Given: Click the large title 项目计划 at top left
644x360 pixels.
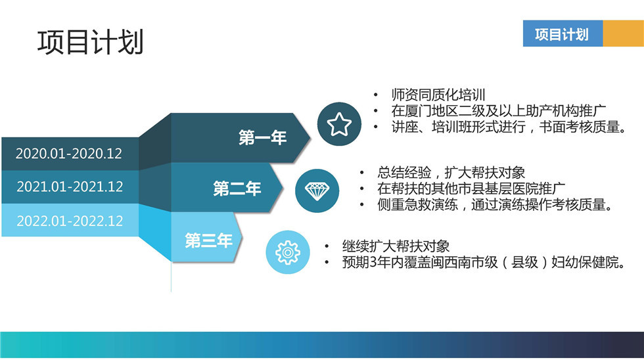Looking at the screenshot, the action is (91, 42).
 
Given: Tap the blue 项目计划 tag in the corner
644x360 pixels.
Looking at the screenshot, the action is (563, 34).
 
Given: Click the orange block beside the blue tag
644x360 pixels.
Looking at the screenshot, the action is (623, 34).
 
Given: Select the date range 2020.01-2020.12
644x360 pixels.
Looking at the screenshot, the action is (69, 154).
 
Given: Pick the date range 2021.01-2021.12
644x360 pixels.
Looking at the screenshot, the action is (70, 187).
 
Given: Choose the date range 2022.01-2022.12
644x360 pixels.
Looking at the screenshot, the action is (70, 221).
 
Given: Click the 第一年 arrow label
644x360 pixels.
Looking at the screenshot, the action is (262, 137).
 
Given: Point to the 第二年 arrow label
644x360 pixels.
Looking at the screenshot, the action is (237, 189).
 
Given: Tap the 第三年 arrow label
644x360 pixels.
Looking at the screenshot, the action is (209, 240).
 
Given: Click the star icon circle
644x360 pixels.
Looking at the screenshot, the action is (339, 124).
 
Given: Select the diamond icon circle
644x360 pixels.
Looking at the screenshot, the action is (317, 191).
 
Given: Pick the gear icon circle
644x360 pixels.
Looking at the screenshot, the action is (288, 252).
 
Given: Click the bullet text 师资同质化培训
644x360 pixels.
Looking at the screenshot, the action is (438, 95).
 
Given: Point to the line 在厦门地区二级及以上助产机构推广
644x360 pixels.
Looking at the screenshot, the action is (499, 111).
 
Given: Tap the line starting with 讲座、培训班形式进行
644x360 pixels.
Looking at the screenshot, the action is (509, 127).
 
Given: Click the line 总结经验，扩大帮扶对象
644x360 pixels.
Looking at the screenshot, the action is (451, 172).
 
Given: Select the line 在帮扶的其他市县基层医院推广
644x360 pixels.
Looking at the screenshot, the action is (471, 189).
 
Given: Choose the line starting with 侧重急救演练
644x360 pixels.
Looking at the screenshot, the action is (495, 204).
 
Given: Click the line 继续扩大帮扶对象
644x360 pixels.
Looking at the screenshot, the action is (396, 246).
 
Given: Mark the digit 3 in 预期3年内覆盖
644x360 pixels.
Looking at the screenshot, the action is (373, 262).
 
